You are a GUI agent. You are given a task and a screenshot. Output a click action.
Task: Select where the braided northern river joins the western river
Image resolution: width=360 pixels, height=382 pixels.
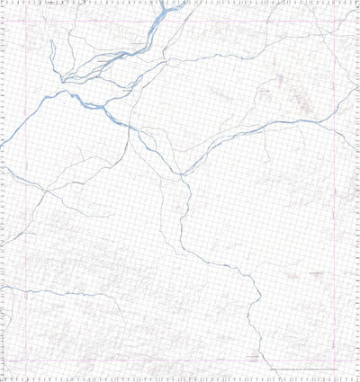[x=106, y=105]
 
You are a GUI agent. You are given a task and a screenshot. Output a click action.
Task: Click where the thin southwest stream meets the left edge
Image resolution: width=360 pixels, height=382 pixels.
[x=3, y=288]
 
